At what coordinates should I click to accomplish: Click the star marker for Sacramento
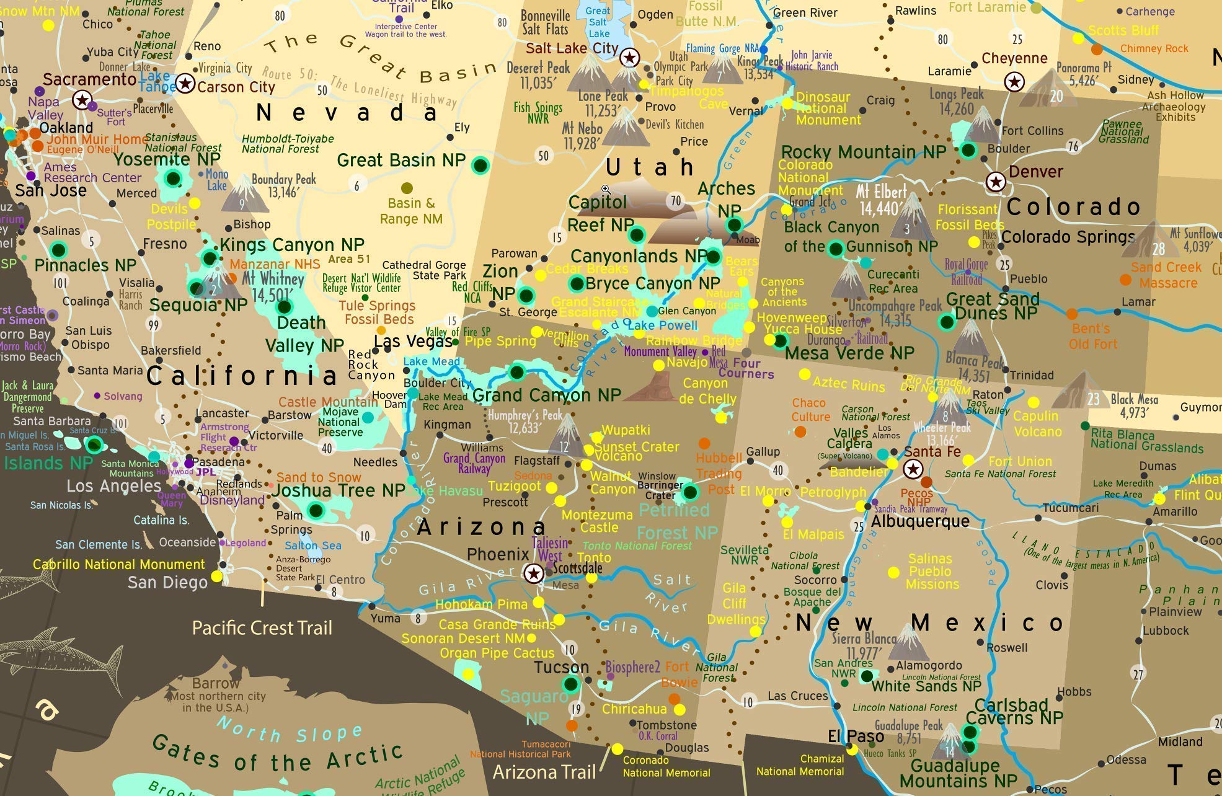82,100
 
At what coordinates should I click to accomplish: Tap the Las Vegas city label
413,342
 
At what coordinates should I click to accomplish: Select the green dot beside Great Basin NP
480,165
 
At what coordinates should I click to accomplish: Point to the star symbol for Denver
996,182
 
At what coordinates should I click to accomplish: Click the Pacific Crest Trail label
262,628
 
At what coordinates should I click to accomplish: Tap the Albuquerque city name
919,521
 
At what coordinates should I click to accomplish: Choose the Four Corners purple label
746,368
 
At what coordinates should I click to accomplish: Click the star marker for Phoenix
533,573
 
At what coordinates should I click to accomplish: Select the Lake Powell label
663,325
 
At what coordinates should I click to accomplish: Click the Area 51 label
349,259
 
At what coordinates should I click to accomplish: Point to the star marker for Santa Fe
912,469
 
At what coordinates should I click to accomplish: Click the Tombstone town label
666,725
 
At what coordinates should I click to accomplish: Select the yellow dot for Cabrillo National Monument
216,577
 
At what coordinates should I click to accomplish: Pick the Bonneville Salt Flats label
545,22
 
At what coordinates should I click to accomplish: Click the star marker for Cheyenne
1014,81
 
